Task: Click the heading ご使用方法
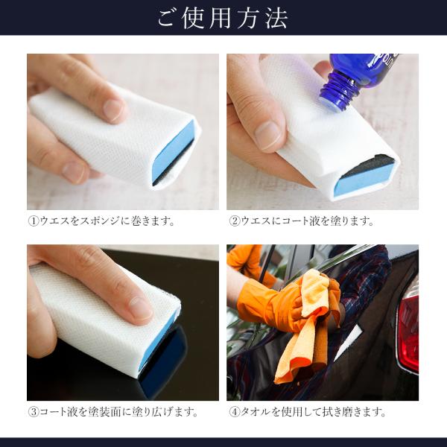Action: tap(223, 19)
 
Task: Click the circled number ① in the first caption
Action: tap(34, 221)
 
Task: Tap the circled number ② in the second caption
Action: tap(235, 221)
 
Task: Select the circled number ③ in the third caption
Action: tap(34, 412)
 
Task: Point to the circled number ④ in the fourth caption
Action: tap(235, 412)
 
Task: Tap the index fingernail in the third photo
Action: tap(142, 308)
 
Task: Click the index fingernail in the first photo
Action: tap(113, 110)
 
